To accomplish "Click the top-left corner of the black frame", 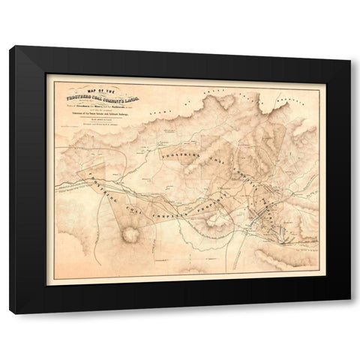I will pos(10,46).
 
